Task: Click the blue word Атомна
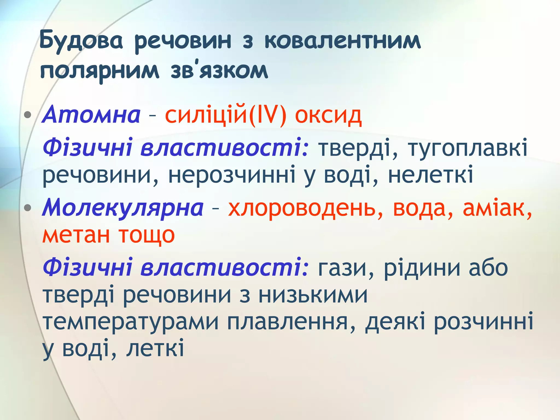(x=91, y=115)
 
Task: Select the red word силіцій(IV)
(x=226, y=115)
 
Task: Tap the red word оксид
(x=328, y=115)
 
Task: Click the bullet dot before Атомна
(x=28, y=115)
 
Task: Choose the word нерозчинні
(x=232, y=175)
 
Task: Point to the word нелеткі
(x=430, y=175)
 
